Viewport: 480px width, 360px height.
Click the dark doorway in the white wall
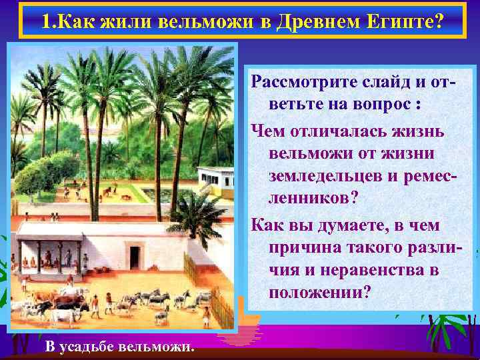tap(135, 257)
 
